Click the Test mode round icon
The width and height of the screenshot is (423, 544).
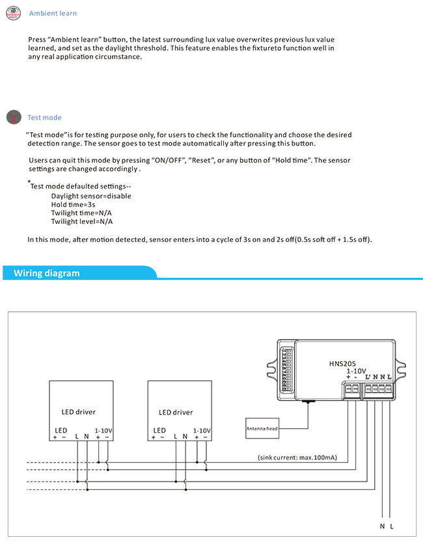[x=14, y=117]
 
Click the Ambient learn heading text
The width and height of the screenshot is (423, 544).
[x=53, y=14]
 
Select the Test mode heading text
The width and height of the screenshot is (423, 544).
[x=44, y=118]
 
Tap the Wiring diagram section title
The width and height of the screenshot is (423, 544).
[x=47, y=273]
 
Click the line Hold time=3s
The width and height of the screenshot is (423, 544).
[x=73, y=204]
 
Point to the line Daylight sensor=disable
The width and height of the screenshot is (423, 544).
[x=91, y=196]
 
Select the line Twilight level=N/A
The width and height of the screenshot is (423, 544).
[x=82, y=221]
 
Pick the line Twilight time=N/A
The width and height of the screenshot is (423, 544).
[x=82, y=213]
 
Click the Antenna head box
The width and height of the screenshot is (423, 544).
[x=262, y=428]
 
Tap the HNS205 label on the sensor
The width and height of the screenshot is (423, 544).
[x=342, y=365]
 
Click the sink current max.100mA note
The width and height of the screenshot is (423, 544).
[x=297, y=458]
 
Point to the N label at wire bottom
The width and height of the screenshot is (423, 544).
[x=382, y=525]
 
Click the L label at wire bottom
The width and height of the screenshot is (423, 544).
[x=392, y=525]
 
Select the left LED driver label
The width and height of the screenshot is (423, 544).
[x=79, y=412]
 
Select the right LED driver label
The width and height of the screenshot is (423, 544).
[x=176, y=412]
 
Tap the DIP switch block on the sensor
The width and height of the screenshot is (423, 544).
[x=286, y=372]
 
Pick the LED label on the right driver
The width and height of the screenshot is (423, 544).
[x=159, y=430]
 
